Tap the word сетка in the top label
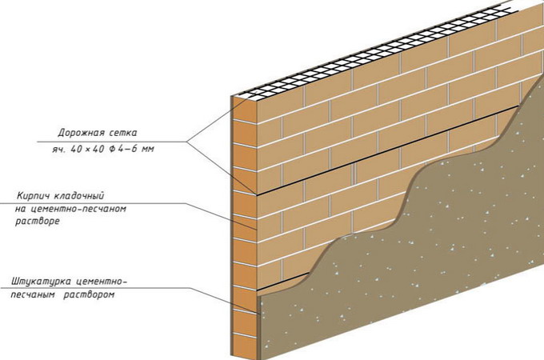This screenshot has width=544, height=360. coord(122,133)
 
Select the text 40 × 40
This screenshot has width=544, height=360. coord(85,149)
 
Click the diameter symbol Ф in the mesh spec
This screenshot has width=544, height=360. coord(113,149)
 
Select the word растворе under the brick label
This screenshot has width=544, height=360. coord(38,220)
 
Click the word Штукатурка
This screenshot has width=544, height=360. coord(42,282)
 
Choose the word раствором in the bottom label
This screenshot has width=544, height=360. coord(90,294)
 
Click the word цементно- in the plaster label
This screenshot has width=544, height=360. coord(103,282)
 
